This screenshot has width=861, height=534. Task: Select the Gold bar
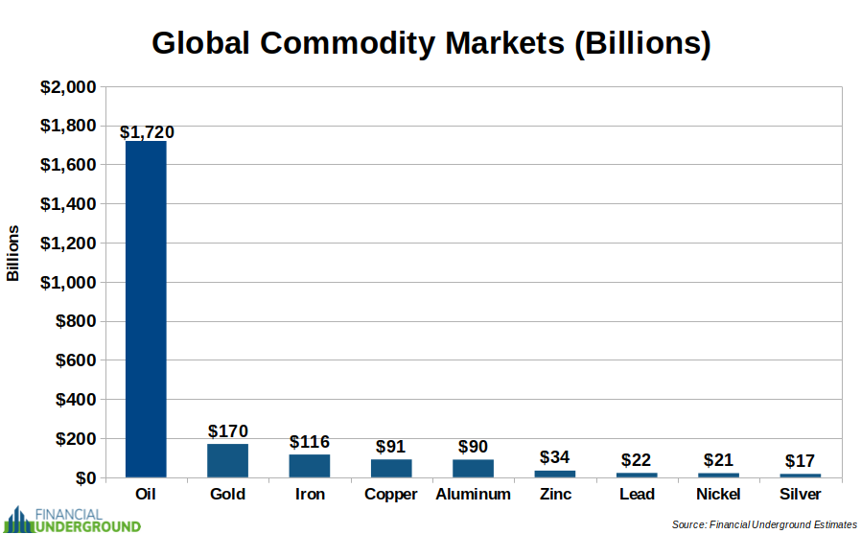coord(227,460)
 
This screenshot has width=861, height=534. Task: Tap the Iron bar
coord(310,466)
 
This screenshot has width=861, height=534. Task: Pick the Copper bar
coord(391,468)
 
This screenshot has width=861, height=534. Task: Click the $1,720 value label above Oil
coord(147,132)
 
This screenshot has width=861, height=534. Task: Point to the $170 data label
coord(228,431)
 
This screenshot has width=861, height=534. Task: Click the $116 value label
coord(310,442)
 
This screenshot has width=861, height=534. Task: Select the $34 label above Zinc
coord(555,457)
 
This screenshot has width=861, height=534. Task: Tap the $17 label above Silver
coord(801,461)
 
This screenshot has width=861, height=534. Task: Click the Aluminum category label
coord(473,495)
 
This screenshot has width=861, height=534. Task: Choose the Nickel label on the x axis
coord(719,495)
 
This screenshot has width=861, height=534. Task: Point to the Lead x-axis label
coord(637,495)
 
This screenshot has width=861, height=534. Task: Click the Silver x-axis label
coord(801,495)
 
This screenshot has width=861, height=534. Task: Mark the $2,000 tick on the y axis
coord(67,87)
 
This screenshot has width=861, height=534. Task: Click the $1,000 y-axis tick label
coord(67,283)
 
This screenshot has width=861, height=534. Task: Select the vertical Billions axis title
coord(13,253)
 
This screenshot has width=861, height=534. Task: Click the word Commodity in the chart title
coord(373,44)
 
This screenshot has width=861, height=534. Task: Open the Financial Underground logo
coord(73,519)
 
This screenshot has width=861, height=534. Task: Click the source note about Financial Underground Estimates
coord(763,524)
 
